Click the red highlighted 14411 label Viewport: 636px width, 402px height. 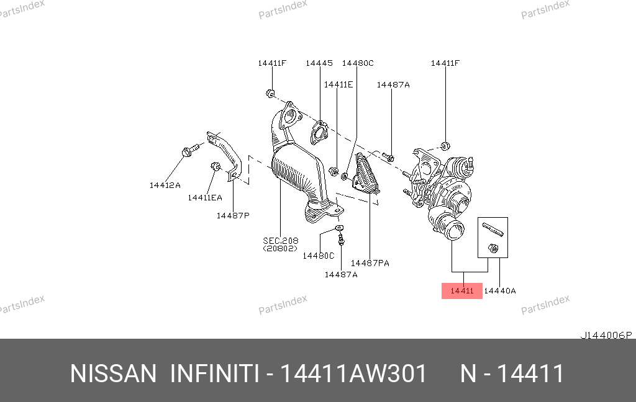coord(461,290)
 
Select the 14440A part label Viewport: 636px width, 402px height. coord(500,290)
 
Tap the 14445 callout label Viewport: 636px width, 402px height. coord(319,63)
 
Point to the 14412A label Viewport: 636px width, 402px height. coord(165,185)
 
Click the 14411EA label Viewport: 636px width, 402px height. coord(205,198)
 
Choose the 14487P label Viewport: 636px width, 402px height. coord(233,216)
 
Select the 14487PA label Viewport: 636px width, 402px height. coord(370,263)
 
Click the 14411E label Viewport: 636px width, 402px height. coord(338,84)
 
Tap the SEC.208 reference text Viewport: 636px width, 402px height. coord(280,241)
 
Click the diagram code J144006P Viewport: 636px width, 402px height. coord(606,335)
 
